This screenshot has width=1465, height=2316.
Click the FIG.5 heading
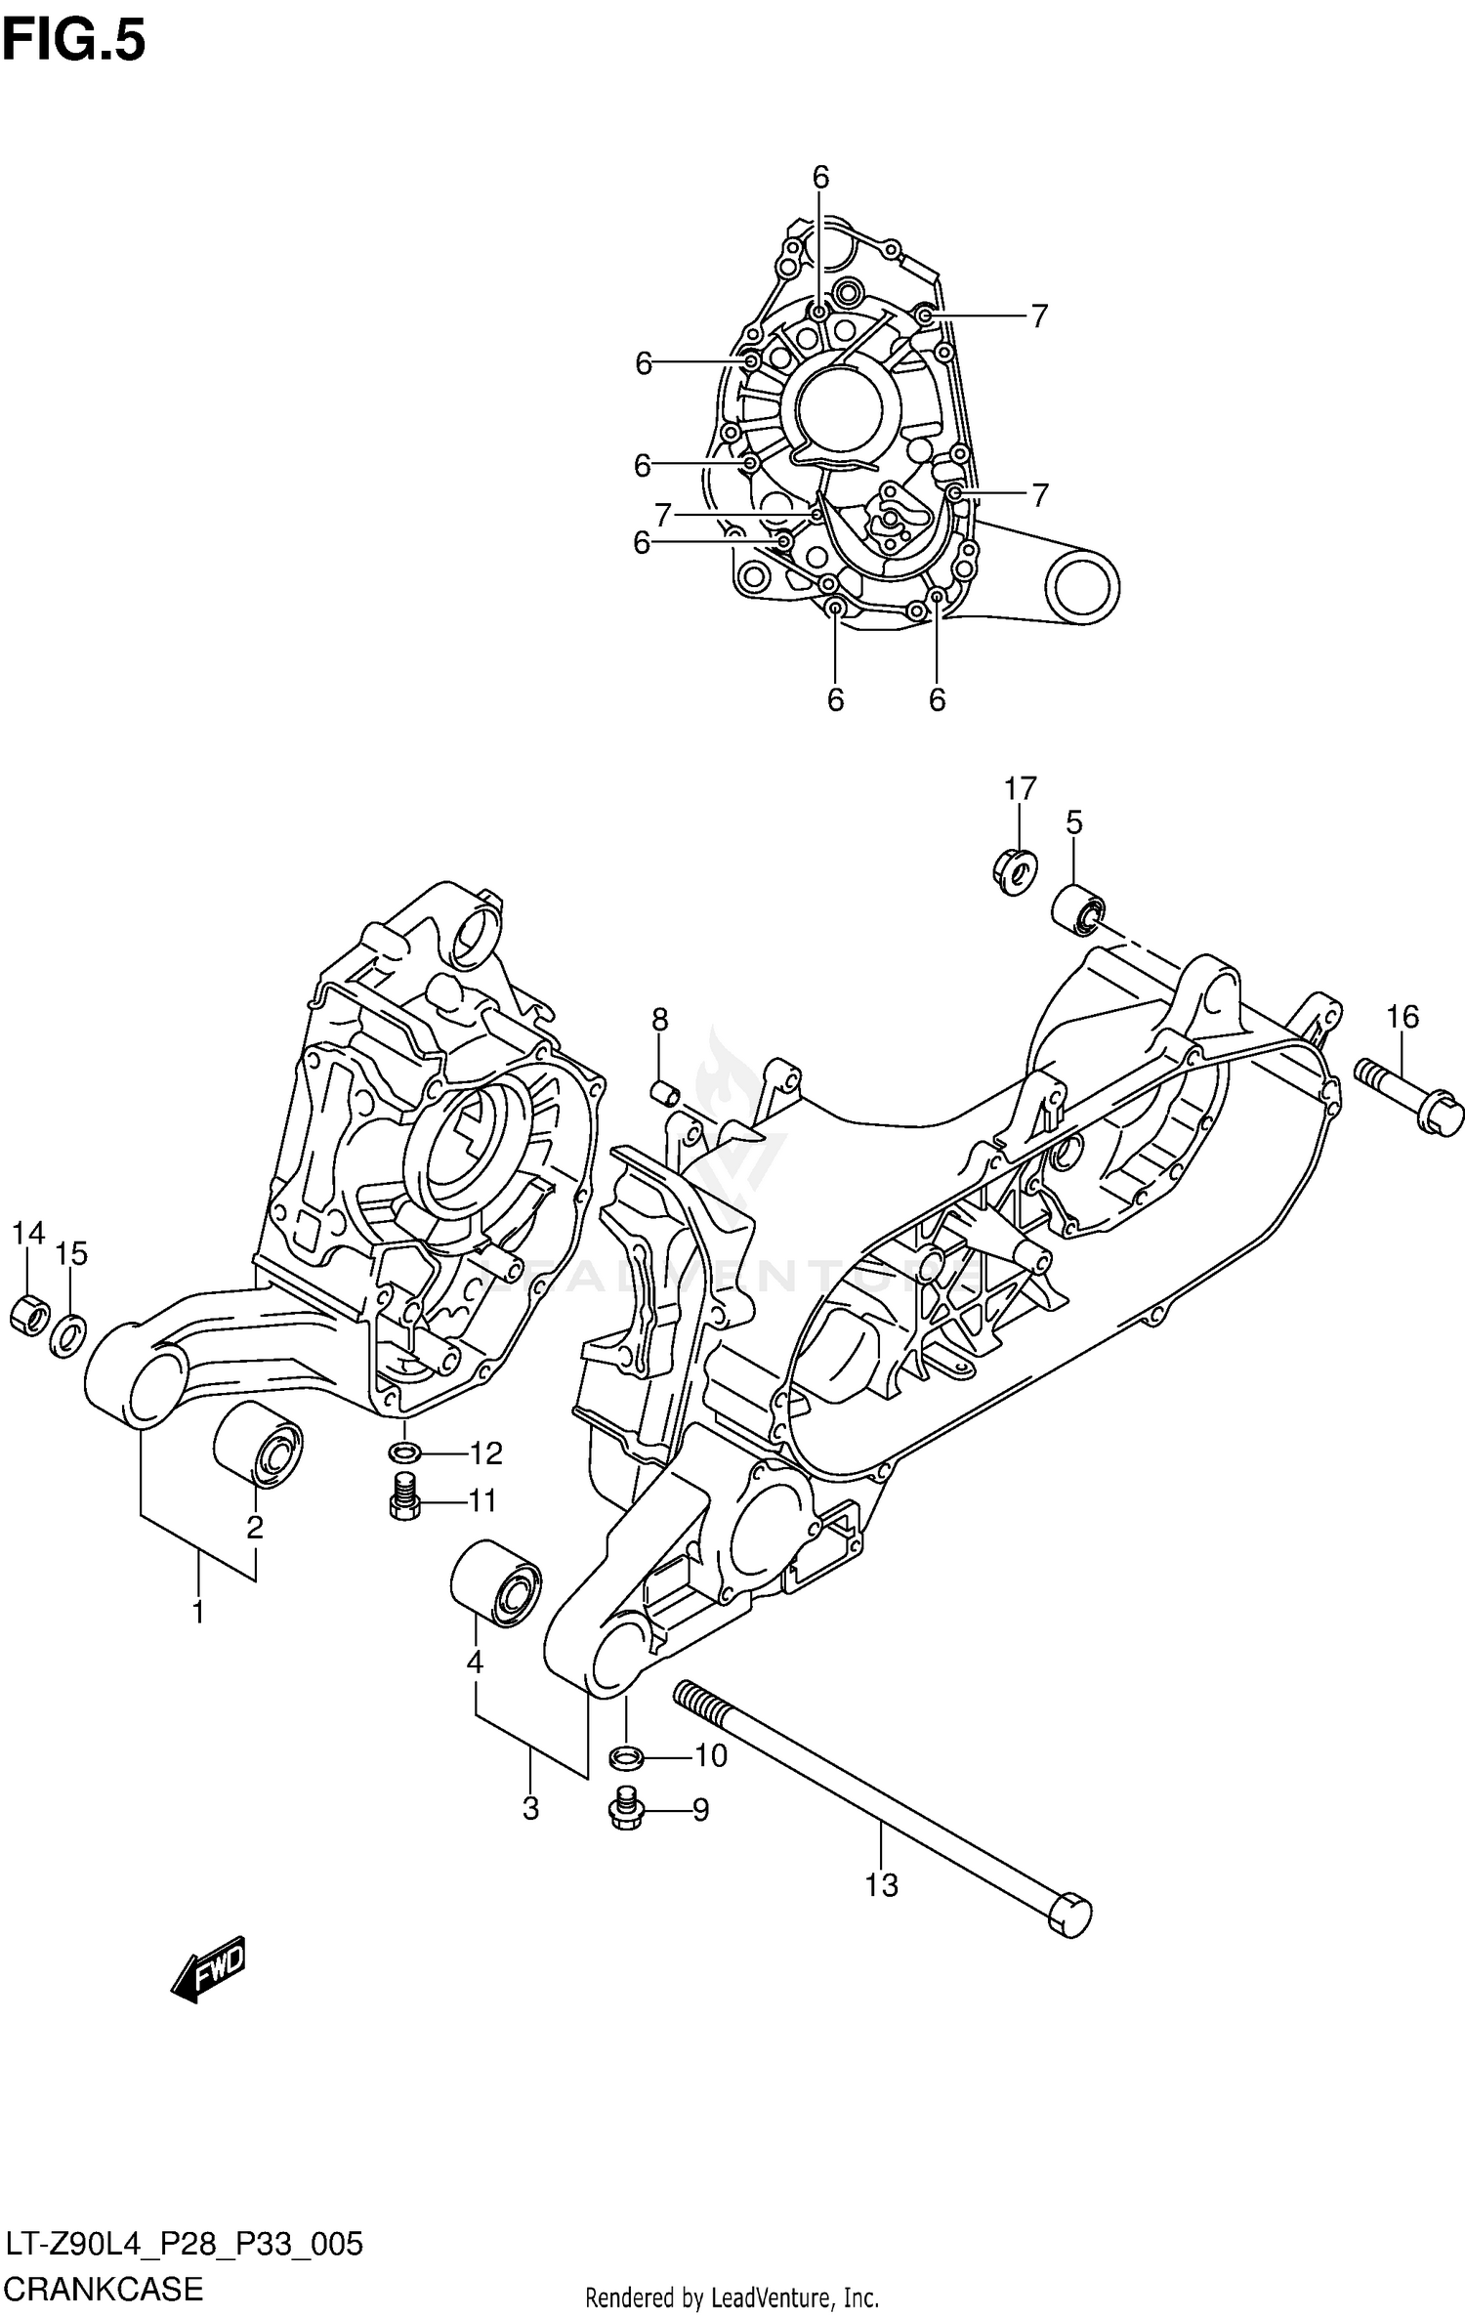[x=73, y=41]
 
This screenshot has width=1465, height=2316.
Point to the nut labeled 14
[x=28, y=1314]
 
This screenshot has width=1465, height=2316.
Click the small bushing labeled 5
[x=1077, y=908]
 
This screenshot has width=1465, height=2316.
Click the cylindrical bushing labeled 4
[x=495, y=1584]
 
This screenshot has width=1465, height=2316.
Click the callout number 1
[x=198, y=1612]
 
